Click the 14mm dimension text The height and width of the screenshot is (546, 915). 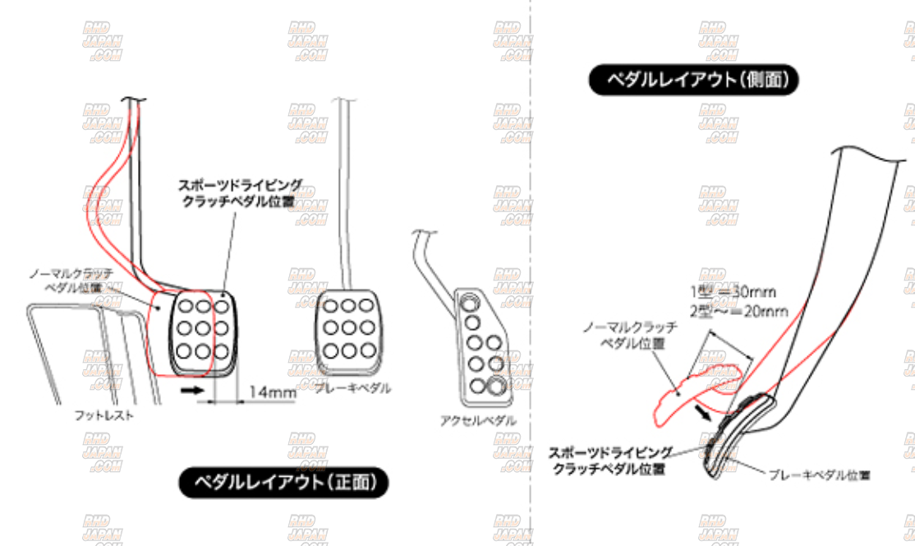(272, 394)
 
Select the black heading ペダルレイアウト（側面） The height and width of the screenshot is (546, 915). (694, 80)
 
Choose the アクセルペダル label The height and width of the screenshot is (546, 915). (479, 420)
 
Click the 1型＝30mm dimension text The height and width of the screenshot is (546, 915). (733, 291)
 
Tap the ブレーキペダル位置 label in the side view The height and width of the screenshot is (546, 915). (819, 474)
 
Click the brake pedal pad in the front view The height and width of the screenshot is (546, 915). (349, 327)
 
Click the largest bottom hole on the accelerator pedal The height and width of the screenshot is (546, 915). (497, 385)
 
